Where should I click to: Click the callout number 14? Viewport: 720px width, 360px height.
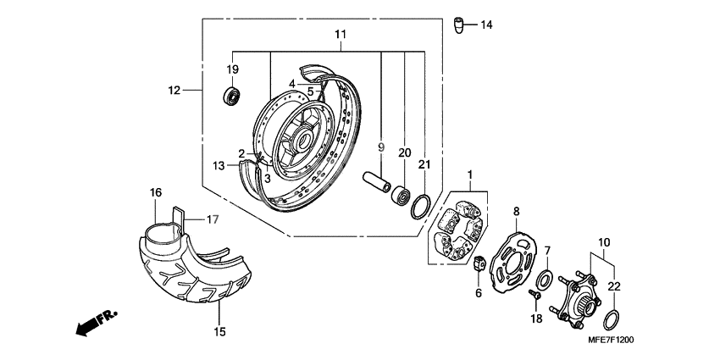pos(486,25)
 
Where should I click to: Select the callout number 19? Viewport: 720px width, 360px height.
pos(232,69)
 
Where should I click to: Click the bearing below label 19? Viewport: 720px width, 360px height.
pos(232,94)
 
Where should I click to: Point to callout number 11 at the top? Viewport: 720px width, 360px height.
pos(341,35)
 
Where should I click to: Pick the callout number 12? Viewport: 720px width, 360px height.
pos(174,90)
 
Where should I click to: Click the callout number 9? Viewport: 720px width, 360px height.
pos(381,147)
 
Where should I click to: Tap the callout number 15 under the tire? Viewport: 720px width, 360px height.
pos(219,332)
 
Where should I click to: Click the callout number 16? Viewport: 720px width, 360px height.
pos(155,193)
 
